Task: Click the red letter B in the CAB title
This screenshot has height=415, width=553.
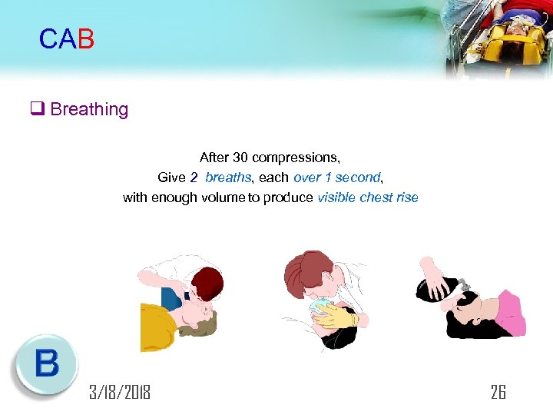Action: [x=85, y=39]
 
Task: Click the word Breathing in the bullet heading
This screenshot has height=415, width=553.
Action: [x=89, y=109]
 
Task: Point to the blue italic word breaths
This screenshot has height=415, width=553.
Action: [x=228, y=178]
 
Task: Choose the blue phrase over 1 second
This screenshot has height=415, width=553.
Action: [x=336, y=178]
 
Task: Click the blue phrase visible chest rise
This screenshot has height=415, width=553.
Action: [x=367, y=198]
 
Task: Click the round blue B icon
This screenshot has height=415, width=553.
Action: [x=45, y=365]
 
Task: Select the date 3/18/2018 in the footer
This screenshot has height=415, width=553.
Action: [x=119, y=393]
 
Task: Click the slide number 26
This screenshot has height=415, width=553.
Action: [x=498, y=393]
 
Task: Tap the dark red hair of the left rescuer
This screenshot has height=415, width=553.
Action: [x=205, y=281]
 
